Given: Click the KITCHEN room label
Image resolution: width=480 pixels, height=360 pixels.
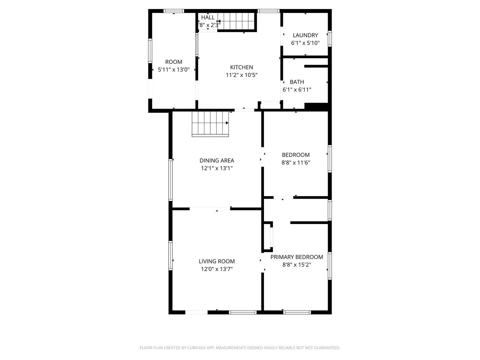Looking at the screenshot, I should (241, 67).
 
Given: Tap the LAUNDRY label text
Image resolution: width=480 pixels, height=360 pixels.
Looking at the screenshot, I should (305, 35).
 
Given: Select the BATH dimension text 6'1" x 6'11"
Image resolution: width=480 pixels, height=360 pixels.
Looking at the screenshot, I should (297, 90).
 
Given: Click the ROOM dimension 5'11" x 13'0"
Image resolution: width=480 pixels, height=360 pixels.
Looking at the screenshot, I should (174, 70).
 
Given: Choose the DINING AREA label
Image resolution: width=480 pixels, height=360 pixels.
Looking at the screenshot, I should (217, 161).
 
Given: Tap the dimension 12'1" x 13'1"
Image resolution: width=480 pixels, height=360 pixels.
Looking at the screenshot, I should (217, 168).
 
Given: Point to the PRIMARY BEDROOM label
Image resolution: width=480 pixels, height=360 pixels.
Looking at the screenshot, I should (297, 257).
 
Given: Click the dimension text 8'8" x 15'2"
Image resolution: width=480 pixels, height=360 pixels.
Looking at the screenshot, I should (297, 265).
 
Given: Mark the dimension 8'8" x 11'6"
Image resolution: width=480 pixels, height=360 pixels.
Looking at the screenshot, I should (296, 163).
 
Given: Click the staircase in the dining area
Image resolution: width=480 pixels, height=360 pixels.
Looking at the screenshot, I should (210, 124).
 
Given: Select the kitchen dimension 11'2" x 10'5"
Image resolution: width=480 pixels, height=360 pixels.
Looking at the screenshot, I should (241, 75).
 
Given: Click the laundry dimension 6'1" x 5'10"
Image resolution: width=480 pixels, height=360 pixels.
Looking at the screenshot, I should (305, 43).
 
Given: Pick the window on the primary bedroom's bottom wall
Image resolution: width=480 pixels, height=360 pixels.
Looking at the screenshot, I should (297, 312).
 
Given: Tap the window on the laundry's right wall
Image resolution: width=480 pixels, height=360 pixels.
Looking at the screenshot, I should (330, 38).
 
